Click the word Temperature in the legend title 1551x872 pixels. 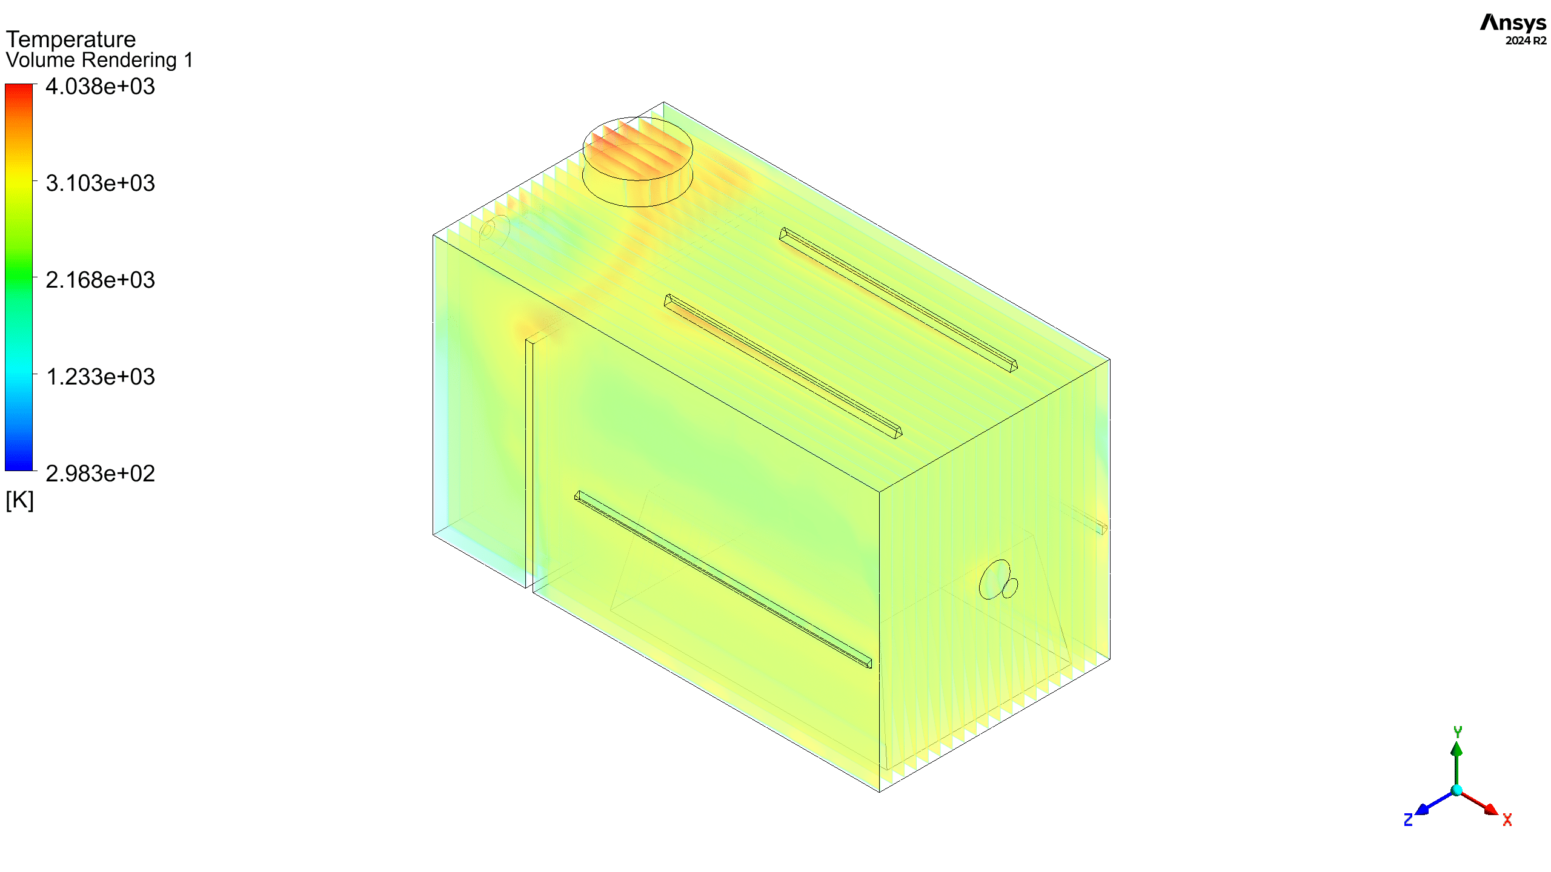pyautogui.click(x=71, y=39)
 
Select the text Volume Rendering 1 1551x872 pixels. pyautogui.click(x=99, y=60)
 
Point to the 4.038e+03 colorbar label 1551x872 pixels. pyautogui.click(x=101, y=87)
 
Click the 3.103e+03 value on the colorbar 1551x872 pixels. pyautogui.click(x=101, y=183)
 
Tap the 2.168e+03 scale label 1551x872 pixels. pyautogui.click(x=101, y=280)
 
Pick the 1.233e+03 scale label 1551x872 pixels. pyautogui.click(x=101, y=377)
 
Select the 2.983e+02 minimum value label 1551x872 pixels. pyautogui.click(x=101, y=474)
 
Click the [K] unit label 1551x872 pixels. pyautogui.click(x=19, y=500)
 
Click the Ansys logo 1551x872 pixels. pyautogui.click(x=1513, y=22)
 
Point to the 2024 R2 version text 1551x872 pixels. pyautogui.click(x=1526, y=41)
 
